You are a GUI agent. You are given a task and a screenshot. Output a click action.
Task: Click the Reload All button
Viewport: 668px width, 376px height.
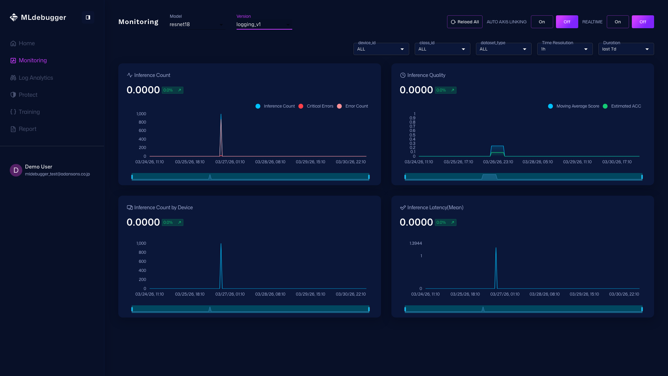coord(464,22)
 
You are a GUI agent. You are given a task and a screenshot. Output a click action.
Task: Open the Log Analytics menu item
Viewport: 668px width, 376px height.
coord(36,78)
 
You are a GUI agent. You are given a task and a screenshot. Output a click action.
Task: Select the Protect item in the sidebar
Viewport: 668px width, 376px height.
coord(28,95)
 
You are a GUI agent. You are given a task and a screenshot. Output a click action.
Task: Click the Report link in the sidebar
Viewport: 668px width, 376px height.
coord(27,129)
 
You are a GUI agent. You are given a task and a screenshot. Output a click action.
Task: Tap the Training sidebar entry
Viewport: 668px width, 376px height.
coord(29,112)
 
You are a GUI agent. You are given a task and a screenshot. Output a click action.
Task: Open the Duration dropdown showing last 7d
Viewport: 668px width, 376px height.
coord(626,49)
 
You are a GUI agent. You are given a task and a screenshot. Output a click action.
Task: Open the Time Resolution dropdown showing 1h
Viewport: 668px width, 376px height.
coord(564,49)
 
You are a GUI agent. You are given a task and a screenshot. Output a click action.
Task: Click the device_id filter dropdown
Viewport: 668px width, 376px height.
coord(381,49)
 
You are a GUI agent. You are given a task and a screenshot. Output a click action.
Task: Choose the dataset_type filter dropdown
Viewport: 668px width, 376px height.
coord(503,49)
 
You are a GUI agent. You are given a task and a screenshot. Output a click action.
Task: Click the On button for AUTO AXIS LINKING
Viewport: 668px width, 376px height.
coord(542,22)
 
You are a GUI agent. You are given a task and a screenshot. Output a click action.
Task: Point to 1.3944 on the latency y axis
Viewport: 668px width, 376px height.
coord(415,243)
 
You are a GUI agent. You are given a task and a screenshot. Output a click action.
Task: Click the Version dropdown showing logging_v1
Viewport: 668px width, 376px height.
coord(264,24)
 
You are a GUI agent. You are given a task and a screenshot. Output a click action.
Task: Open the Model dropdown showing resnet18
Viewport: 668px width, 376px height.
coord(197,24)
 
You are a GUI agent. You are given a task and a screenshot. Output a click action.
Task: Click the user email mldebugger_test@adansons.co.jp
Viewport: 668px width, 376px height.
coord(57,174)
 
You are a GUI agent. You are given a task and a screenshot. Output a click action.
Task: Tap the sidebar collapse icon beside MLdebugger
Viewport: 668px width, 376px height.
coord(88,17)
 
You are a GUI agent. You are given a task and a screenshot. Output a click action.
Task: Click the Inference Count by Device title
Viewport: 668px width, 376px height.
coord(163,207)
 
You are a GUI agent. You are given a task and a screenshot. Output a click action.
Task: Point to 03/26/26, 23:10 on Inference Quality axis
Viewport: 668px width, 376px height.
coord(498,162)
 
